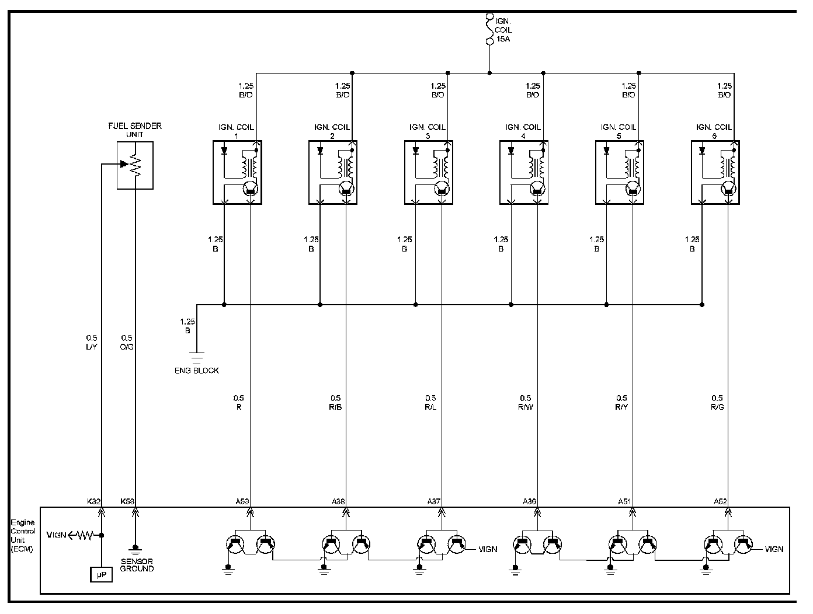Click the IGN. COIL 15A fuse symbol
click(x=489, y=30)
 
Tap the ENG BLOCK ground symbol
click(x=197, y=358)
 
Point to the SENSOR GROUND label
click(x=137, y=565)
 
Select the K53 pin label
click(x=127, y=501)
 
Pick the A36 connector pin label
click(x=529, y=501)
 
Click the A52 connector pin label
click(x=720, y=501)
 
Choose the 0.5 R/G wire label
click(x=717, y=403)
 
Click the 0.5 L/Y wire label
click(x=92, y=343)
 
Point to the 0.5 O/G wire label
click(x=127, y=343)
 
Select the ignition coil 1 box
click(x=237, y=172)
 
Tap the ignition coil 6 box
click(x=715, y=172)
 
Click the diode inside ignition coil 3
click(x=415, y=151)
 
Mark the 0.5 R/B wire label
click(x=336, y=403)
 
